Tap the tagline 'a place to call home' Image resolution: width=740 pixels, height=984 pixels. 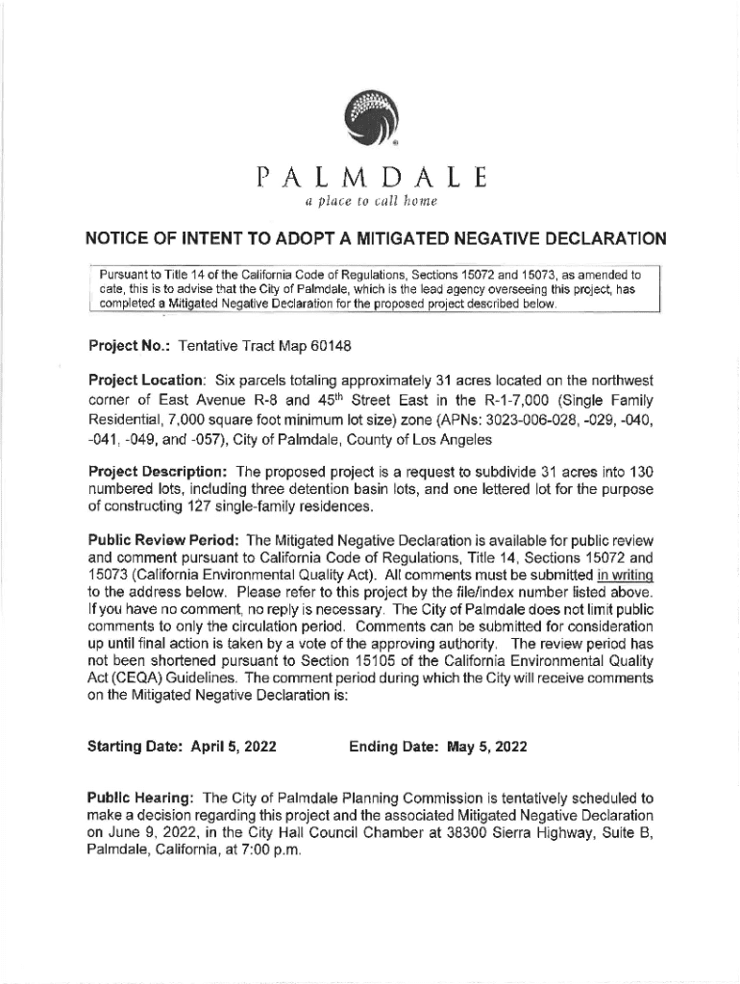click(370, 203)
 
